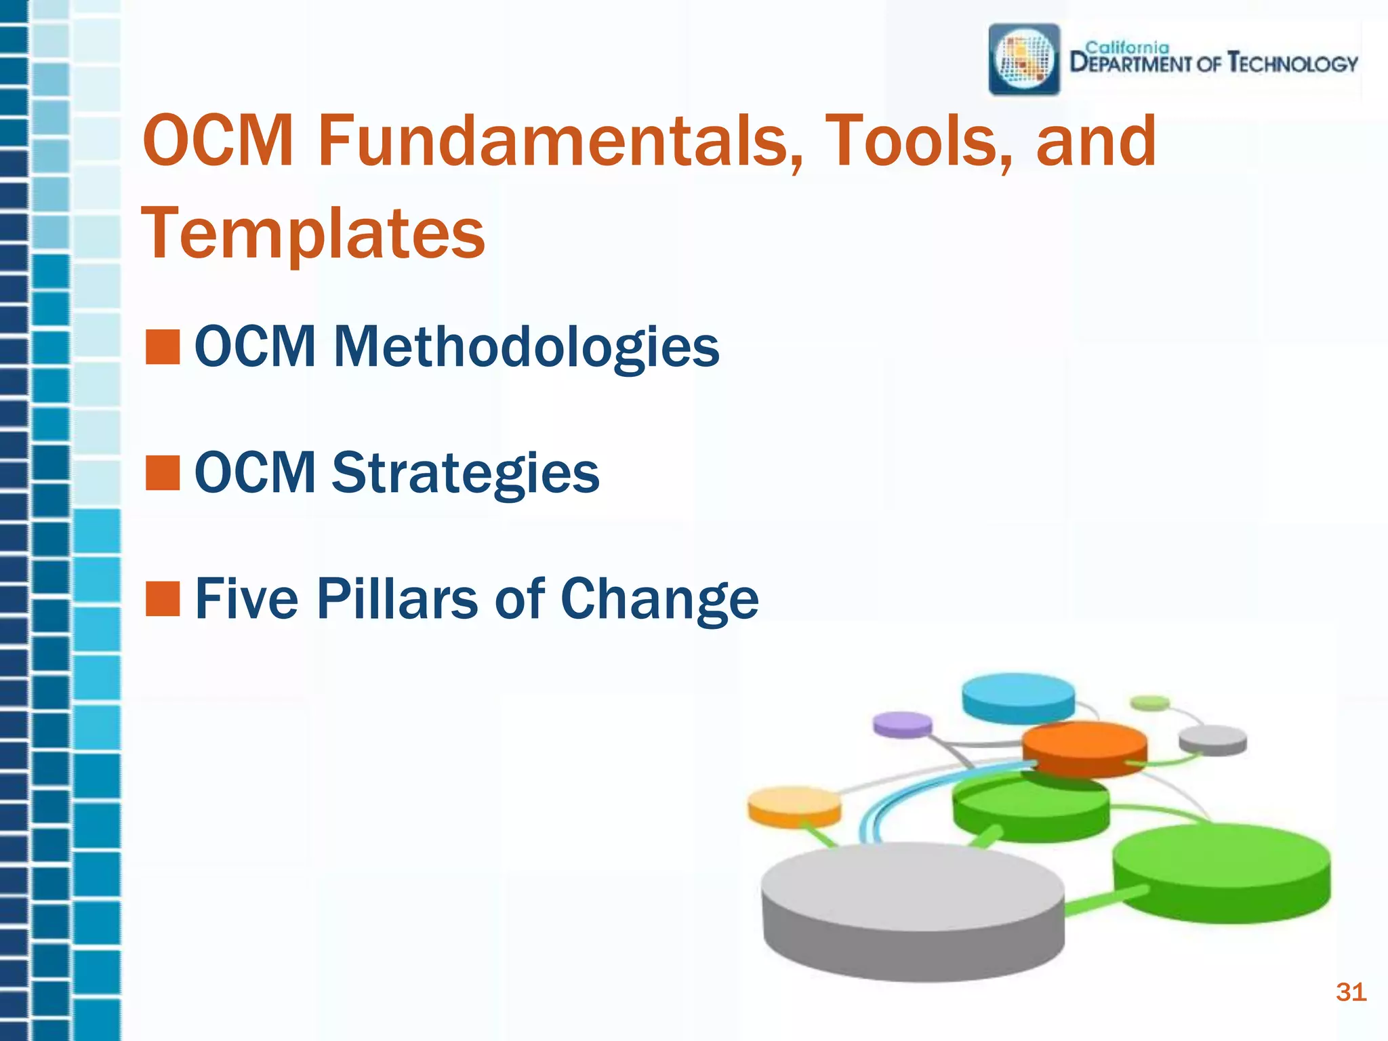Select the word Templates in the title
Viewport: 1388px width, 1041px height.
(x=313, y=234)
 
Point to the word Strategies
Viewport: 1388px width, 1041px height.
(x=465, y=472)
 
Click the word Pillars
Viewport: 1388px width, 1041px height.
(x=397, y=599)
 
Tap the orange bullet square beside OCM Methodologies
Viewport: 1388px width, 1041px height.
(x=163, y=347)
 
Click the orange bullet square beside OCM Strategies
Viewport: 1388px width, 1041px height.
(x=163, y=472)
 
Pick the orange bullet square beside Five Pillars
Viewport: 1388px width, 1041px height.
(x=163, y=599)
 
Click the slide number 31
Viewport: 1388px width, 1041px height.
(x=1350, y=992)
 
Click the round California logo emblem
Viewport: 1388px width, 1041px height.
(x=1024, y=60)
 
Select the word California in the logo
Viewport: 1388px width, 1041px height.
(x=1127, y=47)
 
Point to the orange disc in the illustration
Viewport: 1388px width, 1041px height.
(x=1084, y=746)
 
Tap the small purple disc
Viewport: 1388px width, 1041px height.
(x=902, y=724)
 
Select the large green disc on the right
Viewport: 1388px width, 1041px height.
(x=1221, y=867)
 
